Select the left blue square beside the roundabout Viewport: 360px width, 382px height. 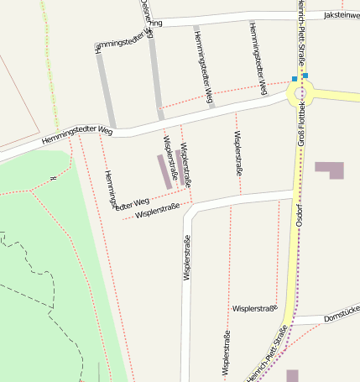(294, 79)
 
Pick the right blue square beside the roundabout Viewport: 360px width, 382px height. (305, 76)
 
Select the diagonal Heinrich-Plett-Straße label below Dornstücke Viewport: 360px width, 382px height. (268, 353)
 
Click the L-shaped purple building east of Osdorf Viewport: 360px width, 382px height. (329, 170)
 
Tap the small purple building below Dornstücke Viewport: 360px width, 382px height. (292, 375)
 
